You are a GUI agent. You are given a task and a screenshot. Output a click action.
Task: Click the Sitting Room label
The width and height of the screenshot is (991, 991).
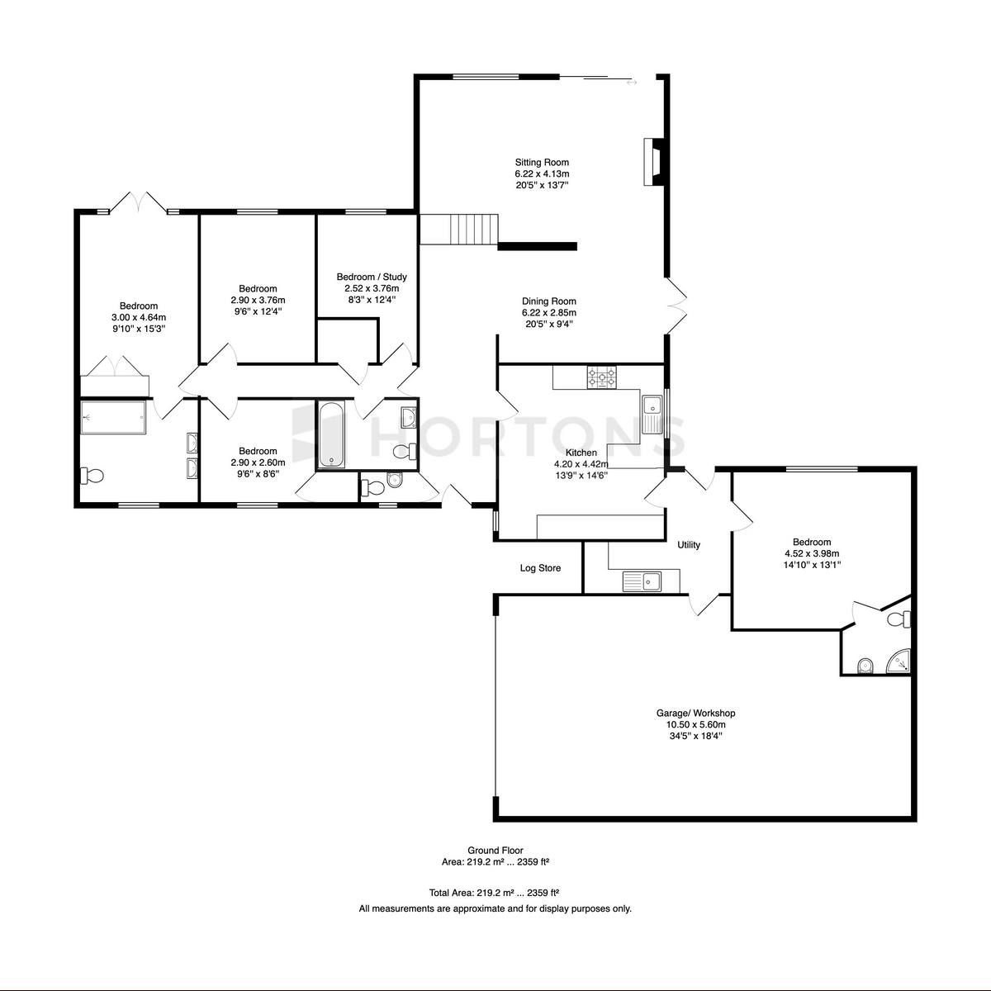point(542,163)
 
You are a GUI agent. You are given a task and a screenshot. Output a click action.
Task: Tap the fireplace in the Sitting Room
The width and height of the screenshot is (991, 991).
point(654,162)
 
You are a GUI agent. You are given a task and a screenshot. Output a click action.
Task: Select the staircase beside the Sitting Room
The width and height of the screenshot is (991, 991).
point(459,230)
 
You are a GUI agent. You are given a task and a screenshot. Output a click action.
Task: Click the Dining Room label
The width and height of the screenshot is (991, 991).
point(548,301)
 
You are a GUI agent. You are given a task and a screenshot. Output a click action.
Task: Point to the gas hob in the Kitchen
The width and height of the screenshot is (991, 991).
point(601,377)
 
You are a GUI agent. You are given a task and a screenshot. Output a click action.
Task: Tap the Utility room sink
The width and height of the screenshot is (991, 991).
point(642,581)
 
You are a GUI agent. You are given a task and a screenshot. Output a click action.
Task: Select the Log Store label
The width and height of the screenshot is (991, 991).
point(540,568)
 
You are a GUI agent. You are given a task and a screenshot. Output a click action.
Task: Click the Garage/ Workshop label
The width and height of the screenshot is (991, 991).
point(695,714)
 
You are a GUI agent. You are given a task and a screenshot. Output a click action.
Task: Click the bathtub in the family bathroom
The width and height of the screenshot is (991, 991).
point(331,434)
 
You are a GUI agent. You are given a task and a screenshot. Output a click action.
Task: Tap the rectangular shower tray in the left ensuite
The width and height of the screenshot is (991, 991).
point(114,417)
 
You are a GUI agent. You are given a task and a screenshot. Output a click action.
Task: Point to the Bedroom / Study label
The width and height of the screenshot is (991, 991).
point(372,277)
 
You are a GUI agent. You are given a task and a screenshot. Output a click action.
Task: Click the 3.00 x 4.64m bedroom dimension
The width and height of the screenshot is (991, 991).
point(139,317)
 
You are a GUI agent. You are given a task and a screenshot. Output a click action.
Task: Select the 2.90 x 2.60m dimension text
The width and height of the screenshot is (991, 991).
point(258,462)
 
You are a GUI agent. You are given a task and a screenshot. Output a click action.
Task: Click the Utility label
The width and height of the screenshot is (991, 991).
point(689,544)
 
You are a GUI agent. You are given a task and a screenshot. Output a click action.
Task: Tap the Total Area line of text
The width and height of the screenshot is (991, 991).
point(494,893)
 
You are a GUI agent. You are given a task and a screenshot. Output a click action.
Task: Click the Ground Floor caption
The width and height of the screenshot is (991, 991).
point(495,851)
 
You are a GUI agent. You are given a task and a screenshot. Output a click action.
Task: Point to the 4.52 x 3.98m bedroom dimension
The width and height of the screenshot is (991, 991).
point(812,553)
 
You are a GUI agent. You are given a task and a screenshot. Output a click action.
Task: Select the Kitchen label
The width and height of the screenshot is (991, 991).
point(581,453)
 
